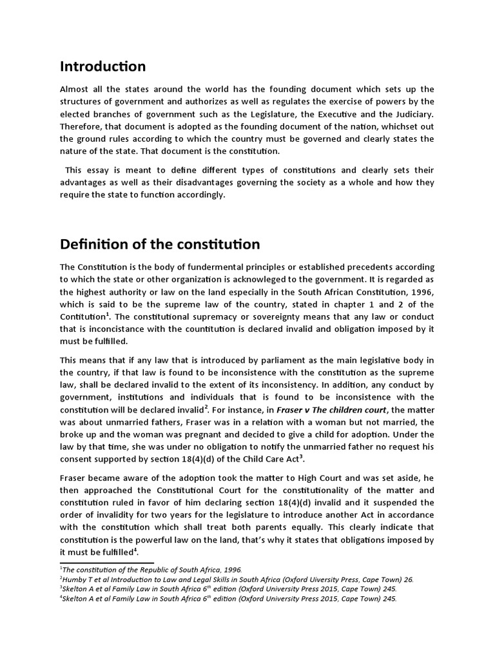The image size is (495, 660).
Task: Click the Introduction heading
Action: pos(102,66)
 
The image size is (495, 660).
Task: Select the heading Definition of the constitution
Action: pos(160,244)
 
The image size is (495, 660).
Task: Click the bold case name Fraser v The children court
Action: pos(333,410)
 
